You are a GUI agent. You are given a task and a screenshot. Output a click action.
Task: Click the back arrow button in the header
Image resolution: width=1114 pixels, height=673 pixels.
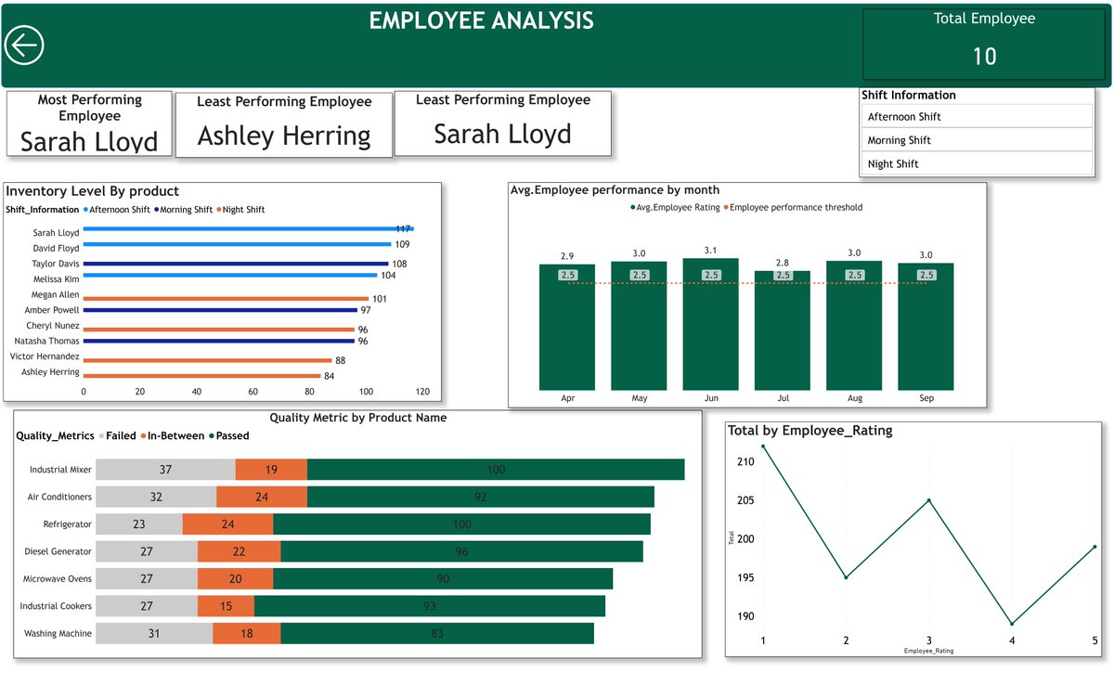[24, 45]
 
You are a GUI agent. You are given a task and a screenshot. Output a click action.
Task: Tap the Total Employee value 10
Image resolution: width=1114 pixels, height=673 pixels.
[984, 57]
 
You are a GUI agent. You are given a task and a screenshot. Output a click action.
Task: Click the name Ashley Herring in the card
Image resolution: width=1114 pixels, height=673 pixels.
[284, 136]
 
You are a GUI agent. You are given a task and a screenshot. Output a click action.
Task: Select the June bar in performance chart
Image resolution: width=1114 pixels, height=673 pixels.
[710, 324]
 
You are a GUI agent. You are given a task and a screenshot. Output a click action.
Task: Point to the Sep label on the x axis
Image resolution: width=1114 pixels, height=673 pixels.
[926, 398]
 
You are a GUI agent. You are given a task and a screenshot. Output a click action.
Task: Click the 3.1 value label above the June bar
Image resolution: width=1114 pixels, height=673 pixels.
[710, 251]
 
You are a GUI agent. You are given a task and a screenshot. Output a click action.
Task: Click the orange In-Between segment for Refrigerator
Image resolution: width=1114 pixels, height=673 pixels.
[227, 524]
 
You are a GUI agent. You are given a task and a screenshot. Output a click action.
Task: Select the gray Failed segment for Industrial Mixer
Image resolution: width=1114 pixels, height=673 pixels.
[165, 470]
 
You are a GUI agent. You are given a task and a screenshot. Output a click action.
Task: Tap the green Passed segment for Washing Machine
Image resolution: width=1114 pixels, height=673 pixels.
[436, 633]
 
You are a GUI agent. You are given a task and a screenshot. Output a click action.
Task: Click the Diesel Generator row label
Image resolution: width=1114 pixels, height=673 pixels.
[58, 551]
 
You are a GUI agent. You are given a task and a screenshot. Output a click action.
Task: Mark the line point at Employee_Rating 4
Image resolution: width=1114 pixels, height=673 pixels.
[1012, 624]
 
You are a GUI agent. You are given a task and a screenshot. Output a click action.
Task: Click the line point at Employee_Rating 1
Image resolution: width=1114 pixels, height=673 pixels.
[763, 447]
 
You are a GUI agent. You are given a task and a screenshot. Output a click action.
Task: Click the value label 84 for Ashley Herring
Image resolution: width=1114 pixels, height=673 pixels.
[329, 376]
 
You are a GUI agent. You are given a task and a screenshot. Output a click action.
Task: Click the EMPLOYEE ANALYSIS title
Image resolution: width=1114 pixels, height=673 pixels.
[481, 20]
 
